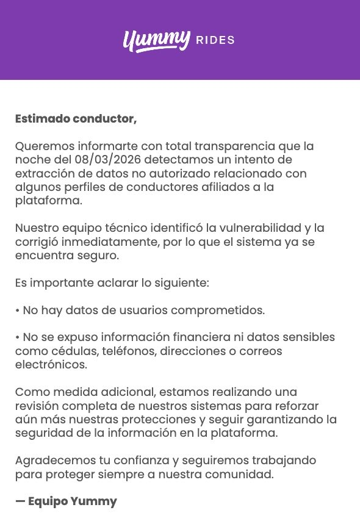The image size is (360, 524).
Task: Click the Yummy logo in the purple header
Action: point(157,40)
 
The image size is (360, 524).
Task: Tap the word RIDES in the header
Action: point(215,41)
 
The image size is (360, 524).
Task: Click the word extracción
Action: point(41,173)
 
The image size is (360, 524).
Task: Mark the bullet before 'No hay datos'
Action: point(17,310)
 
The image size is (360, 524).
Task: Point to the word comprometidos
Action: point(218,310)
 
